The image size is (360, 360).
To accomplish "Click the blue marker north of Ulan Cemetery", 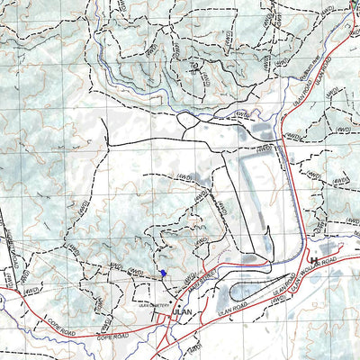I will coord(163,274).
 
